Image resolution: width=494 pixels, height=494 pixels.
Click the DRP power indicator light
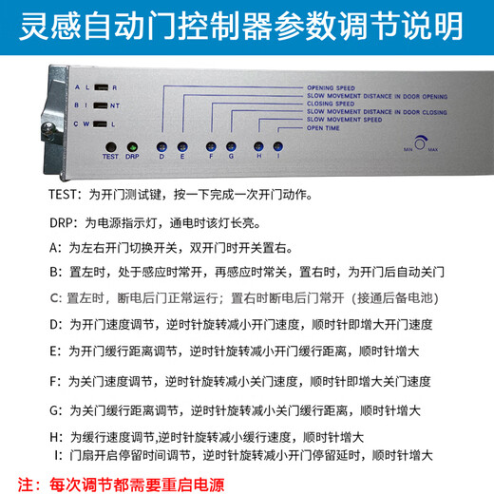(132, 146)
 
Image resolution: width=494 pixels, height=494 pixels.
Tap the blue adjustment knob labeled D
(162, 145)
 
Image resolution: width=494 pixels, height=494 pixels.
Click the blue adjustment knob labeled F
(211, 145)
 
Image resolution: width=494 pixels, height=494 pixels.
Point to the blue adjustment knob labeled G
(231, 145)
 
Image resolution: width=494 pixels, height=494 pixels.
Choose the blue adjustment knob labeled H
(257, 145)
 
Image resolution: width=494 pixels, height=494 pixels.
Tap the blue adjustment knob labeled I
(277, 145)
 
